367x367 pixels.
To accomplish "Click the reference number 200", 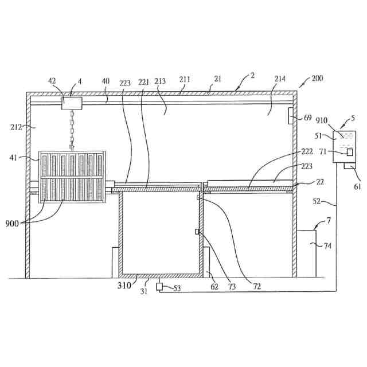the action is tap(317, 79).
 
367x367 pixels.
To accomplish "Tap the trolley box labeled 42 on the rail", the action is tap(72, 103).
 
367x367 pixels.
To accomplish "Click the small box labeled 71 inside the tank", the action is tap(349, 153).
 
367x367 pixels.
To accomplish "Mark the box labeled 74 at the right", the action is tap(307, 253).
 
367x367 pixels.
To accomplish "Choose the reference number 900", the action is tap(15, 222).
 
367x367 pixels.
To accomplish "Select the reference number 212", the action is tap(16, 126).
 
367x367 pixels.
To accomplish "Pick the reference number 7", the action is tap(330, 221).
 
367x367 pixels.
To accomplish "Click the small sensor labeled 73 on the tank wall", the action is tap(197, 232).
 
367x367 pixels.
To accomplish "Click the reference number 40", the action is tap(106, 81).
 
